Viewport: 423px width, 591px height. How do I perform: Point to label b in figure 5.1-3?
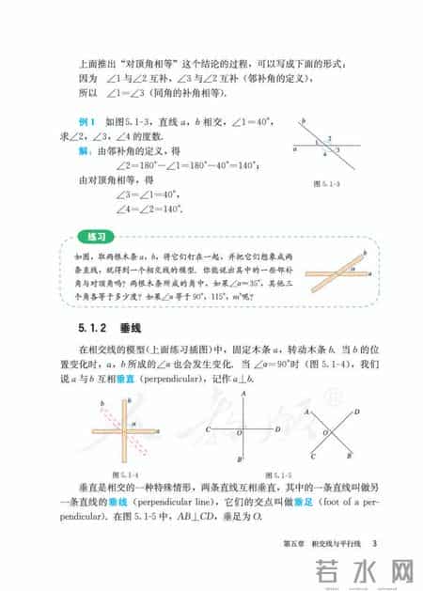303,121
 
